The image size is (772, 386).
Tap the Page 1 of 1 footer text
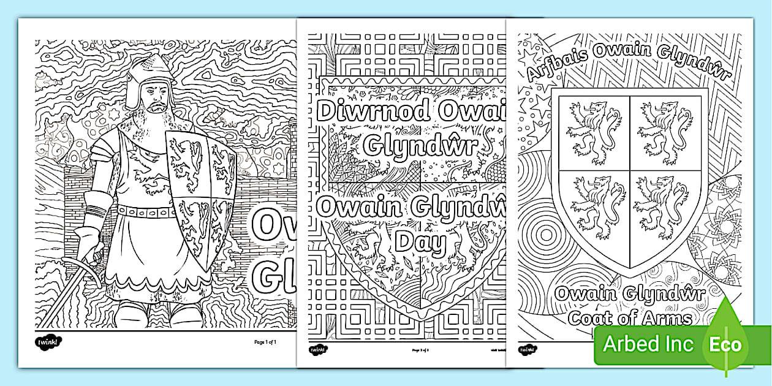(x=266, y=341)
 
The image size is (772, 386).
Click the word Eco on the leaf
(x=725, y=344)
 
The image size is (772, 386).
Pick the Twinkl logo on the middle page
(x=319, y=350)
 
